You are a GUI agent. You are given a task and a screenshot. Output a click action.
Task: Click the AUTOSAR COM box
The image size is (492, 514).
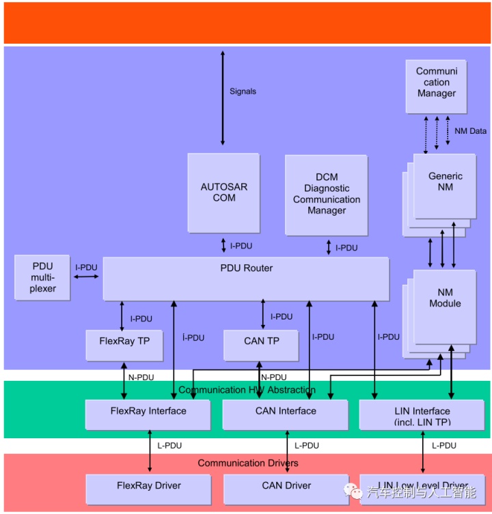[x=223, y=192]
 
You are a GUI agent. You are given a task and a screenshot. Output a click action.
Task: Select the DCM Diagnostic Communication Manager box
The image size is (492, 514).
[x=326, y=194]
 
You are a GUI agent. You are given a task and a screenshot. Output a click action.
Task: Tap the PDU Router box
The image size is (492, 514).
[x=246, y=278]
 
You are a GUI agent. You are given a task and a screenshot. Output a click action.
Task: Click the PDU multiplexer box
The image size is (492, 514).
[x=42, y=278]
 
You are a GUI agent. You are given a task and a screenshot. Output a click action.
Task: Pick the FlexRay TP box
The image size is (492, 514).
[x=124, y=345]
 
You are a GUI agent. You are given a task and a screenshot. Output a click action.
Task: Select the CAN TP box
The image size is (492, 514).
[x=261, y=345]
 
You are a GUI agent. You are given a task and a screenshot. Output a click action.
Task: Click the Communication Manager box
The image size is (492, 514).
[x=436, y=87]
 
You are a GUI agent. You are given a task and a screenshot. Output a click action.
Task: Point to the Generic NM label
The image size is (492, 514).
[x=445, y=182]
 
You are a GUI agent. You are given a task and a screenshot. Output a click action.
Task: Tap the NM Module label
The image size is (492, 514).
[x=445, y=298]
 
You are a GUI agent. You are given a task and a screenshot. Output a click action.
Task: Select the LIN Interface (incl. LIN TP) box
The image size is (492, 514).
[x=422, y=416]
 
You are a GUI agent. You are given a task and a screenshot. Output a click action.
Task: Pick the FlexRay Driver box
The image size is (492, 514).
[x=148, y=489]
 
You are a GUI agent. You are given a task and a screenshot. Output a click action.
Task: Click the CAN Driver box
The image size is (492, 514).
[x=286, y=489]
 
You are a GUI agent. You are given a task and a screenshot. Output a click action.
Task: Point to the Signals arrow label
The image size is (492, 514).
[x=243, y=91]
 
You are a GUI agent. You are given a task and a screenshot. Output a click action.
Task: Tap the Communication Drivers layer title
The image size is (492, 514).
[x=248, y=463]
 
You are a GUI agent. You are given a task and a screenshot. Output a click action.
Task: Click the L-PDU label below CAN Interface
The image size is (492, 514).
[x=306, y=445]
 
